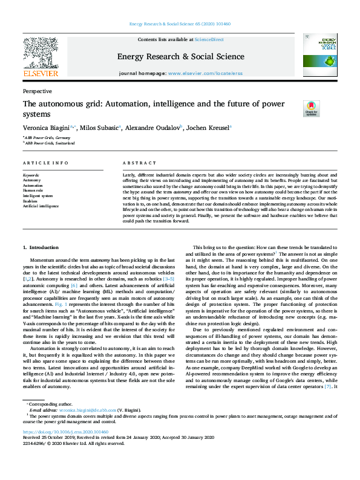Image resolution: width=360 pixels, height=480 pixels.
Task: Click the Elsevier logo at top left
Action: [41, 58]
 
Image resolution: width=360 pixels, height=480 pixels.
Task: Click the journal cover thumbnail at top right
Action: [319, 55]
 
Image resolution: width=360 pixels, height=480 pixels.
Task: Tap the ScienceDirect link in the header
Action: [210, 39]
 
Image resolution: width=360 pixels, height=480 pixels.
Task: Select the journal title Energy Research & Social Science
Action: [180, 56]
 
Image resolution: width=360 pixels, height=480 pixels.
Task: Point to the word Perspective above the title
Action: [37, 91]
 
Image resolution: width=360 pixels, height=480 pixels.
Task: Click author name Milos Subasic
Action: [100, 128]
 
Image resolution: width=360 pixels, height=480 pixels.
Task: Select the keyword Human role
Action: [33, 190]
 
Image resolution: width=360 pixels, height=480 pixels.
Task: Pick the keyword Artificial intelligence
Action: [41, 206]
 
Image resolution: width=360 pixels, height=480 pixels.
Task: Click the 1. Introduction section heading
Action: [41, 248]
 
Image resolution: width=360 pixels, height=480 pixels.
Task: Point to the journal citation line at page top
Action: [180, 25]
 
